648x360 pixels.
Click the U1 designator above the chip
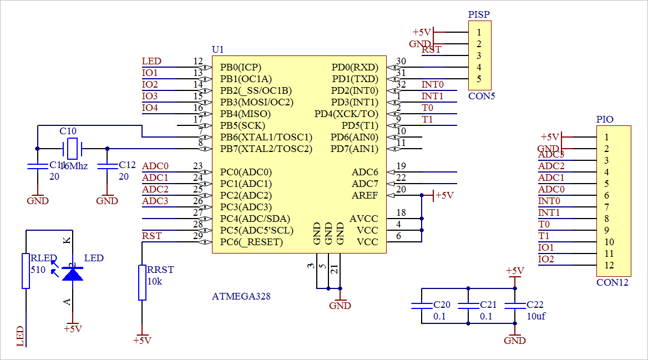[x=218, y=49]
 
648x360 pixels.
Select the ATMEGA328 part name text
[x=241, y=296]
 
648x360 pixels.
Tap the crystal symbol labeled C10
[x=72, y=149]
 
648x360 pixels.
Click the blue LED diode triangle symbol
[x=72, y=273]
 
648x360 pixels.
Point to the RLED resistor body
[x=26, y=271]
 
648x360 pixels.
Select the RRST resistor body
[x=142, y=282]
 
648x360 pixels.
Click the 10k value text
[x=155, y=281]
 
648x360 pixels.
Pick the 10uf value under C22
[x=535, y=316]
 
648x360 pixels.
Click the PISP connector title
[x=479, y=14]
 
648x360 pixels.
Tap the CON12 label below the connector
[x=612, y=282]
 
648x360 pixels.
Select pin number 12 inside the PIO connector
[x=609, y=265]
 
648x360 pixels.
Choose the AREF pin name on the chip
[x=364, y=195]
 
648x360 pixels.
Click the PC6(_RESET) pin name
[x=251, y=242]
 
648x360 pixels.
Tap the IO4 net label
[x=150, y=108]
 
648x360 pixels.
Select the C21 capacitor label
[x=488, y=305]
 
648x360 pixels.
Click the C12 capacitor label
[x=127, y=165]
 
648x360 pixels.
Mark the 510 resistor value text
[x=38, y=270]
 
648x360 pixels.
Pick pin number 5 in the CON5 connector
[x=479, y=79]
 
